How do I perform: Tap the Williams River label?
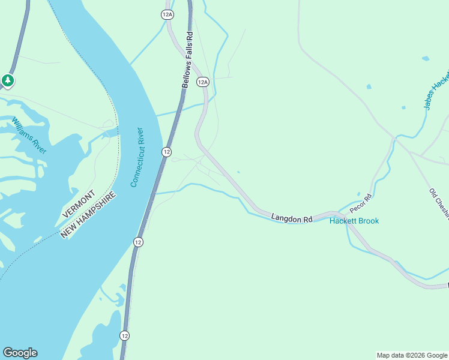29,136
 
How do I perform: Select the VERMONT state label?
78,204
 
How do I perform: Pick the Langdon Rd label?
292,218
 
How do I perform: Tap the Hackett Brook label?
354,221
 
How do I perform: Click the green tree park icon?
7,80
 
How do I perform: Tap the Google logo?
20,353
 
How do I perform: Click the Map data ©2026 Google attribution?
412,355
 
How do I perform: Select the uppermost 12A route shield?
167,14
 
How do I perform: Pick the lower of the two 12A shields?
203,82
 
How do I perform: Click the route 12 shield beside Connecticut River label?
166,152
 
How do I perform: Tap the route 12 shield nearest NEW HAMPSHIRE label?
138,242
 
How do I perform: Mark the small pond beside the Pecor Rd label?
359,194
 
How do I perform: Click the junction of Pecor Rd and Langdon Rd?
340,214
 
